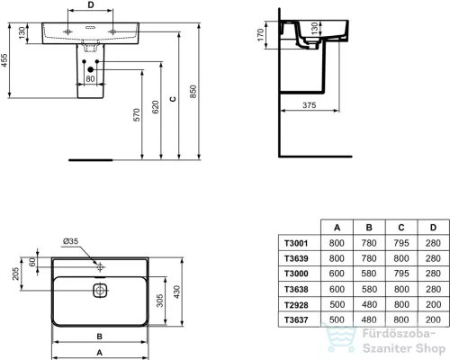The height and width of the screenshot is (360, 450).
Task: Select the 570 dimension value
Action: [137, 113]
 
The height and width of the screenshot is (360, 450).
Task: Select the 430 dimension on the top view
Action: [180, 292]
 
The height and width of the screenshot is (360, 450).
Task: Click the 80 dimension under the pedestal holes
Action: [90, 78]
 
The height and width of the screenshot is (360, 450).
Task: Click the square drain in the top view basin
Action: [100, 291]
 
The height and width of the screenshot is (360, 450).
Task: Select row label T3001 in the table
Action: [296, 242]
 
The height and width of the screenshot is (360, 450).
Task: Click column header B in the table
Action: [369, 229]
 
